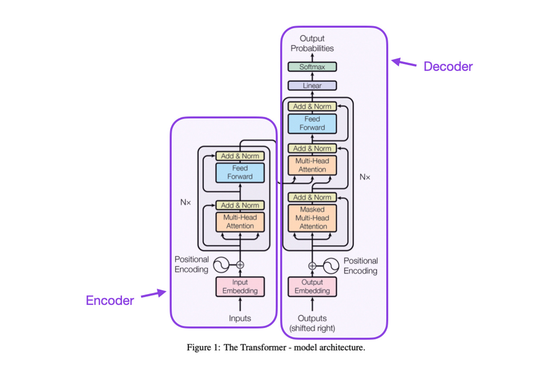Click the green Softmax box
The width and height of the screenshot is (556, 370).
coord(312,67)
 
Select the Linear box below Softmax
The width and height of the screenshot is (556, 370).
coord(312,85)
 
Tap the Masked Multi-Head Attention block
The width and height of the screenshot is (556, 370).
coord(312,218)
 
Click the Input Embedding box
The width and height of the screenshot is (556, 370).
coord(240,287)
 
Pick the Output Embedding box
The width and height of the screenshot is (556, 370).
coord(312,287)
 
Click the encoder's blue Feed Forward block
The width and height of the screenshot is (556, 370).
coord(240,172)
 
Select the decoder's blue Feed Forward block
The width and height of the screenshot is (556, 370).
coord(312,123)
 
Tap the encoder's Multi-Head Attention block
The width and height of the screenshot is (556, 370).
coord(240,222)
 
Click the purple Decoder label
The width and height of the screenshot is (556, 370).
coord(448,66)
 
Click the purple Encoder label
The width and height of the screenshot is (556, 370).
coord(109,300)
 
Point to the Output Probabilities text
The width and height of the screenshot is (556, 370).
coord(312,43)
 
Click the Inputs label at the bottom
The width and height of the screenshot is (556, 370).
coord(240,318)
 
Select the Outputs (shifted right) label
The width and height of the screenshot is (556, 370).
coord(312,323)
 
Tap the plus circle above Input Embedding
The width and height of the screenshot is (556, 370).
coord(240,264)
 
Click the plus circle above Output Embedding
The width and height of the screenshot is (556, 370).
coord(312,266)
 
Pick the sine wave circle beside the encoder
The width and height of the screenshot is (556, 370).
coord(220,264)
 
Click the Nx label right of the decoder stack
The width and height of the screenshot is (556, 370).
coord(365,177)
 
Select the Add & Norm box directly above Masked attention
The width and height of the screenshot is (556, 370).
coord(312,197)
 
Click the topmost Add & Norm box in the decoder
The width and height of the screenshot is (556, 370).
coord(312,106)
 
